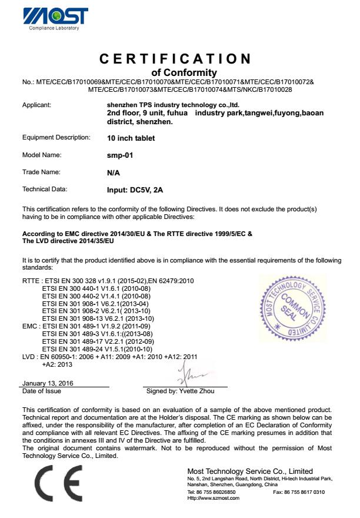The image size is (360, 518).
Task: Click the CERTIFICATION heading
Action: (175, 59)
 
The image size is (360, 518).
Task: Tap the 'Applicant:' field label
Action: (36, 105)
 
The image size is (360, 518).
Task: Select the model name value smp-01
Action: (111, 155)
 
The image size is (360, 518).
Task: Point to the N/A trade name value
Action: (106, 172)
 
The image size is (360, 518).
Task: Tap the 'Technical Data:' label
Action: (45, 190)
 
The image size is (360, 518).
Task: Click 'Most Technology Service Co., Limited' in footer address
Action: (250, 471)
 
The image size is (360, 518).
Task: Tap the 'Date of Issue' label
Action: (41, 390)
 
